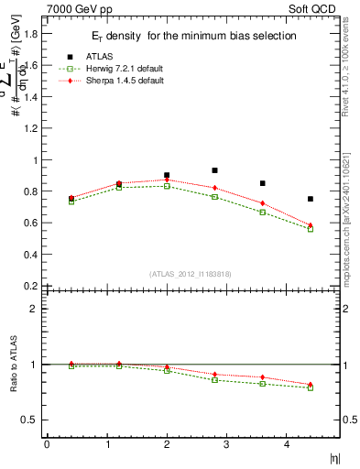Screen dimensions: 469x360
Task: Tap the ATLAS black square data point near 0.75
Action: click(311, 199)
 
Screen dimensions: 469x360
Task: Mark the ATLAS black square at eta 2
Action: click(167, 175)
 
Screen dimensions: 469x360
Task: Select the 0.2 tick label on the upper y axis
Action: click(30, 286)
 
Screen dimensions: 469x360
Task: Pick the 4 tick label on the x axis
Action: click(287, 444)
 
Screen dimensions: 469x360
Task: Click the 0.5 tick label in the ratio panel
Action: click(30, 420)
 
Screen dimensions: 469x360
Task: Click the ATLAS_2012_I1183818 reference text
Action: click(190, 274)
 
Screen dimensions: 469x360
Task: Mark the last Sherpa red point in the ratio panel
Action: click(310, 385)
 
